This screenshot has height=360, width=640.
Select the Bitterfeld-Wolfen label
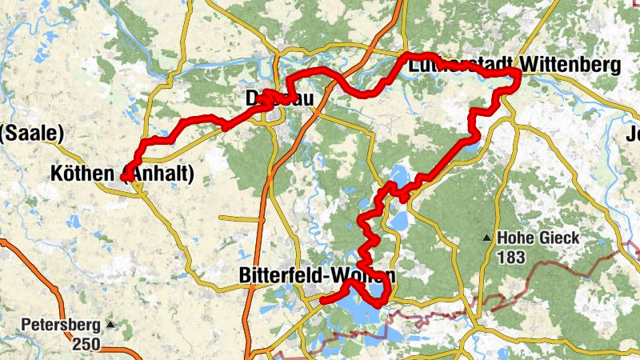317,276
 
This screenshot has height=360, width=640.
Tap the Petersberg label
61,326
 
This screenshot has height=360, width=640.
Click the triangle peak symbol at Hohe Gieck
486,238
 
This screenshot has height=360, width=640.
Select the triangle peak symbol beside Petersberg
110,325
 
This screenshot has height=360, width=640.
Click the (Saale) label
32,134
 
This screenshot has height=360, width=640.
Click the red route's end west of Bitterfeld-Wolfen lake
322,301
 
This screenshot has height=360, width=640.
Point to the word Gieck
558,238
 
